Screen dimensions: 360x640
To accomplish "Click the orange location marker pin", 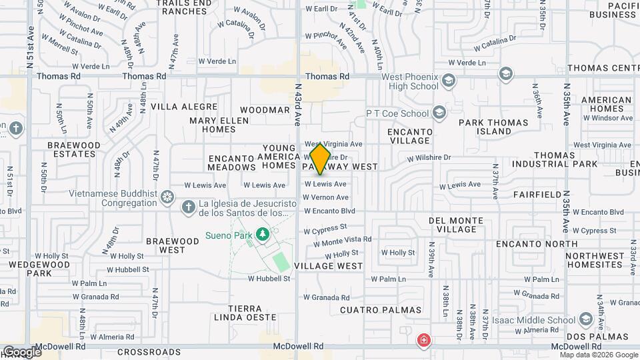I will click(321, 159).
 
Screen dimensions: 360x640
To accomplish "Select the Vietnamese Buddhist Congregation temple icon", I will click(167, 197).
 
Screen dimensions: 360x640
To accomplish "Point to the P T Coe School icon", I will click(439, 113).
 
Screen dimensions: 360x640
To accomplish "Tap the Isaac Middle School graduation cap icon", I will click(586, 318).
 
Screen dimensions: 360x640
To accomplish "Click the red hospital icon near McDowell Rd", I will click(423, 341).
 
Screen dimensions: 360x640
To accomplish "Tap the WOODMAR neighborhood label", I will click(264, 109).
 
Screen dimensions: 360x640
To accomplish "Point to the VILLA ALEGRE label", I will click(184, 107).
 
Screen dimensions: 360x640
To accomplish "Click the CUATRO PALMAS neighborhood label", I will click(381, 310).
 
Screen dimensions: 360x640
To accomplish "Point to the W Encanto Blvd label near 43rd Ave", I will click(329, 211).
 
